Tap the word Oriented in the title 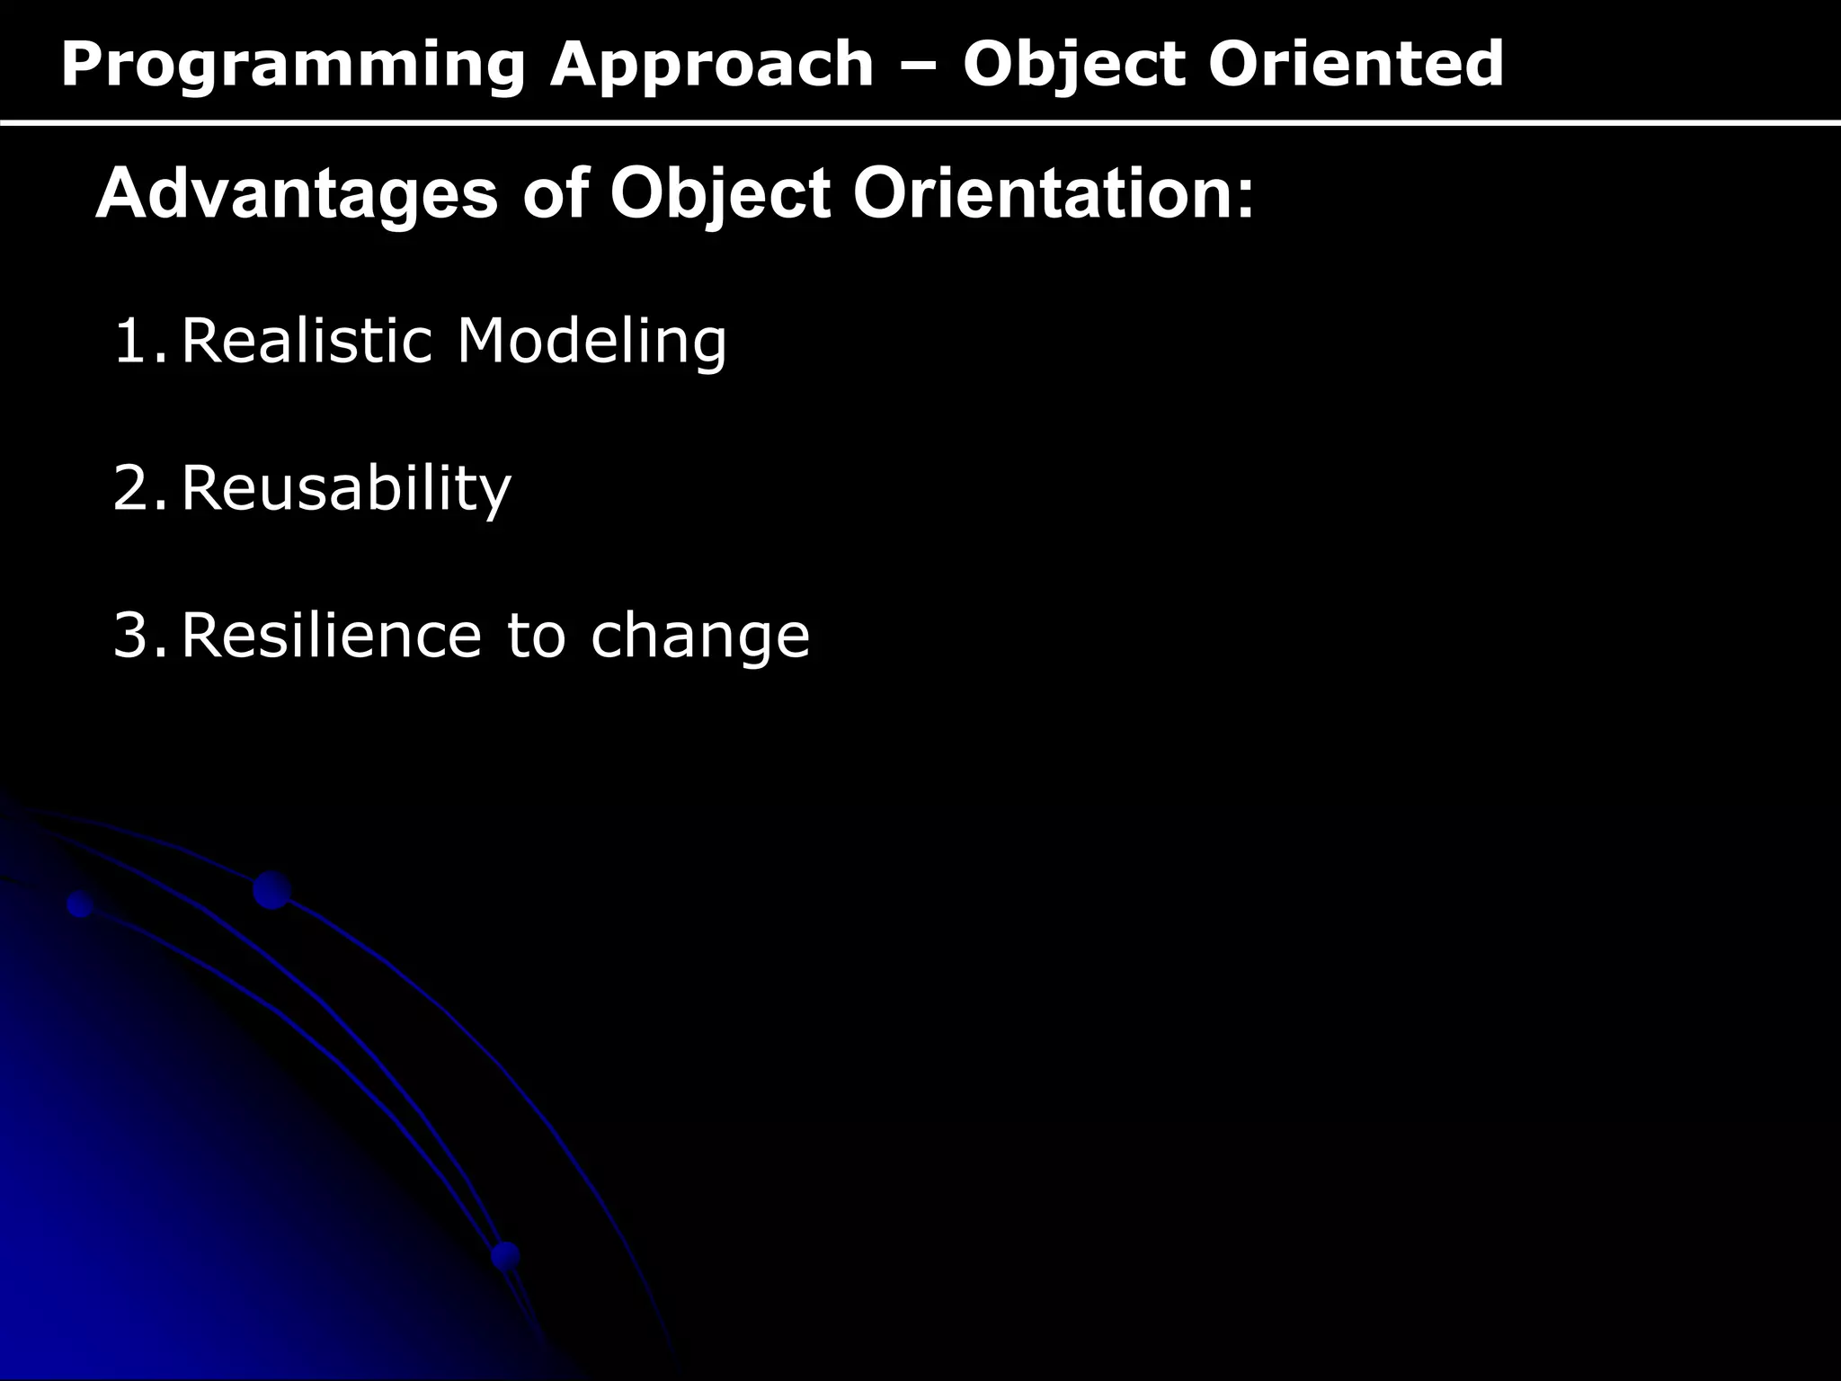1356,65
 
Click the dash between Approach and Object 918,65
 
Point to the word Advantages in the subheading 296,195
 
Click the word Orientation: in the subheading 1053,195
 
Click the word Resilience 332,636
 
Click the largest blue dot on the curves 271,890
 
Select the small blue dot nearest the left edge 81,904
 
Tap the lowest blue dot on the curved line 506,1255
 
